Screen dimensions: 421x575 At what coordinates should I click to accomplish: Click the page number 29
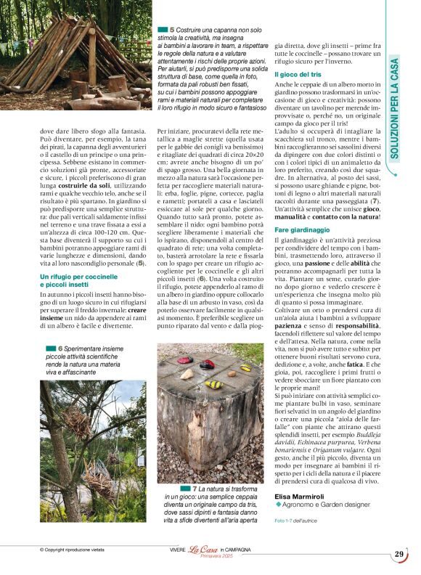pyautogui.click(x=399, y=555)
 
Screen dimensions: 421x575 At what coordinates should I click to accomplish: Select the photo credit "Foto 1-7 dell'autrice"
pyautogui.click(x=297, y=521)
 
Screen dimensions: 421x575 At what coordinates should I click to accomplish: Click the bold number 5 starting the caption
pyautogui.click(x=173, y=28)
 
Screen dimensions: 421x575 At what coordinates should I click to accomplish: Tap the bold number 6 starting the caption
pyautogui.click(x=60, y=348)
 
